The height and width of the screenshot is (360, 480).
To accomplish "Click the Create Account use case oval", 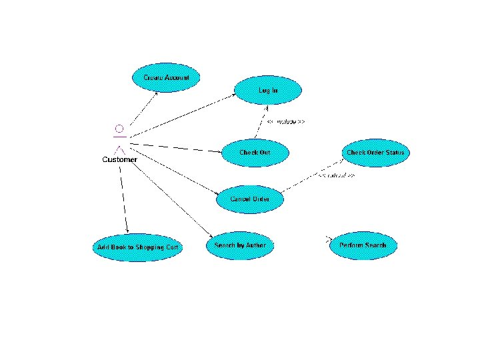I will [x=167, y=78].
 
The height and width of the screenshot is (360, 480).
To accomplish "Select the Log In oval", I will [x=268, y=89].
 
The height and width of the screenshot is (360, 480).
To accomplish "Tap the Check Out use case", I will [x=255, y=153].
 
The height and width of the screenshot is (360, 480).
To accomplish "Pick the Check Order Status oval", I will [x=375, y=153].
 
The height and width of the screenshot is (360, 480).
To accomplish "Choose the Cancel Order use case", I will [x=250, y=199].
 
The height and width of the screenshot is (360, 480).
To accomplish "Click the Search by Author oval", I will [x=240, y=245].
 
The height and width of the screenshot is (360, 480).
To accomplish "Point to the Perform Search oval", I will [x=363, y=245].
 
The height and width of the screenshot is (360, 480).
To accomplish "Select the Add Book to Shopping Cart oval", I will [x=137, y=247].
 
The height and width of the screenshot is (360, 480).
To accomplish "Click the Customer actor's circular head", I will [x=119, y=128].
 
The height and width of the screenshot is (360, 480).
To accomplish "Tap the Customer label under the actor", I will [x=120, y=159].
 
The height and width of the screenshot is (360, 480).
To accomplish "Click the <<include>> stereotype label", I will [x=286, y=122].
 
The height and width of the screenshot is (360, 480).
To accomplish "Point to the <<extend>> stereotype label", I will [x=335, y=176].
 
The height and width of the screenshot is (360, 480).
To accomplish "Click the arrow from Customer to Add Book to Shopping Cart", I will [x=123, y=200].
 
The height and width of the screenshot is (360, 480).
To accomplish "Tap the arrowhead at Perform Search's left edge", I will [x=329, y=239].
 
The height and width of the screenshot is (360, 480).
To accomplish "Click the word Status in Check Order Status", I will [x=395, y=153].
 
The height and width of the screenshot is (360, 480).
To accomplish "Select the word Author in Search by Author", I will [x=254, y=245].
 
